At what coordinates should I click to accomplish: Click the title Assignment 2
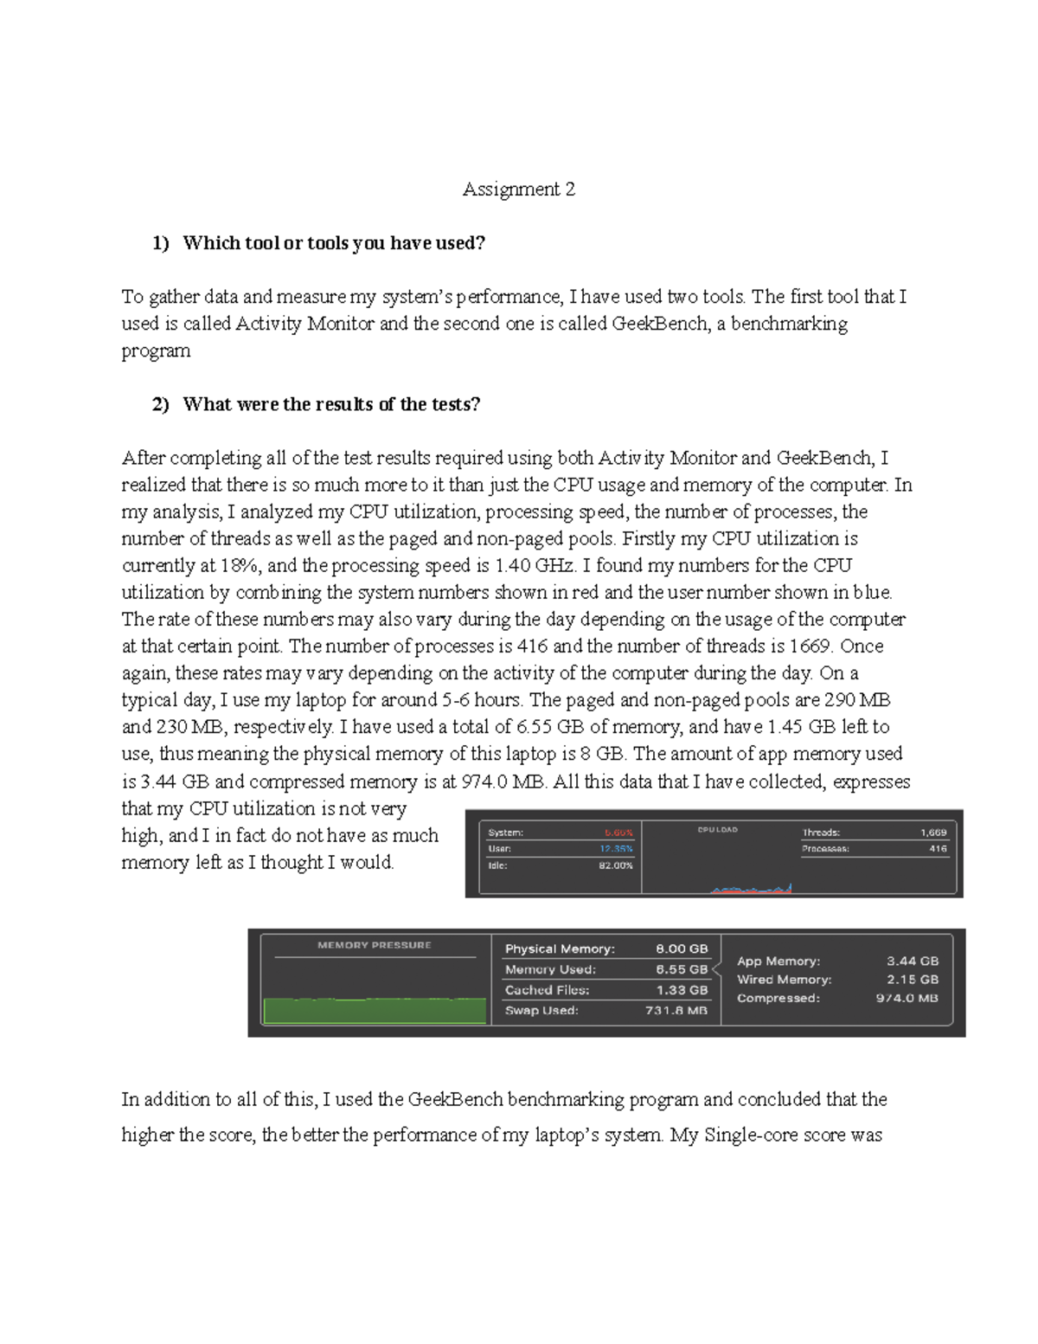[x=518, y=190]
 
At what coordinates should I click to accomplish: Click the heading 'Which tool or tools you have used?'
[x=334, y=243]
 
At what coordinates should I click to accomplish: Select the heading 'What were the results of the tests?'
[x=331, y=404]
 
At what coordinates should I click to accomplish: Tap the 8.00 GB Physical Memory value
[x=682, y=949]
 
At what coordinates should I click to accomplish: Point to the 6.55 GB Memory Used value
[x=682, y=969]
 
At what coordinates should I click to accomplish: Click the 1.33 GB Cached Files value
[x=682, y=990]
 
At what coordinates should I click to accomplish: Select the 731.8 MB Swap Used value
[x=676, y=1010]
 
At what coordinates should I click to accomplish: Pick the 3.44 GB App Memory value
[x=913, y=961]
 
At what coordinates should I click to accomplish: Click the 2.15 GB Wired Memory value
[x=913, y=980]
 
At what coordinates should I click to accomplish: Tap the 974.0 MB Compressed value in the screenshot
[x=907, y=998]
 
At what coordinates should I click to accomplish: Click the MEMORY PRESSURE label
[x=374, y=945]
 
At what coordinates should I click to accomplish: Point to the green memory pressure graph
[x=374, y=1011]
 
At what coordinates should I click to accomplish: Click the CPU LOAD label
[x=717, y=829]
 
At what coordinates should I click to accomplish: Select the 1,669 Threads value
[x=933, y=833]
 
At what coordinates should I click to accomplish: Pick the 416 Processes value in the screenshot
[x=938, y=849]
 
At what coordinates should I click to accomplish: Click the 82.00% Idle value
[x=615, y=865]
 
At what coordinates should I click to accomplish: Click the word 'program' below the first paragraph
[x=156, y=350]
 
